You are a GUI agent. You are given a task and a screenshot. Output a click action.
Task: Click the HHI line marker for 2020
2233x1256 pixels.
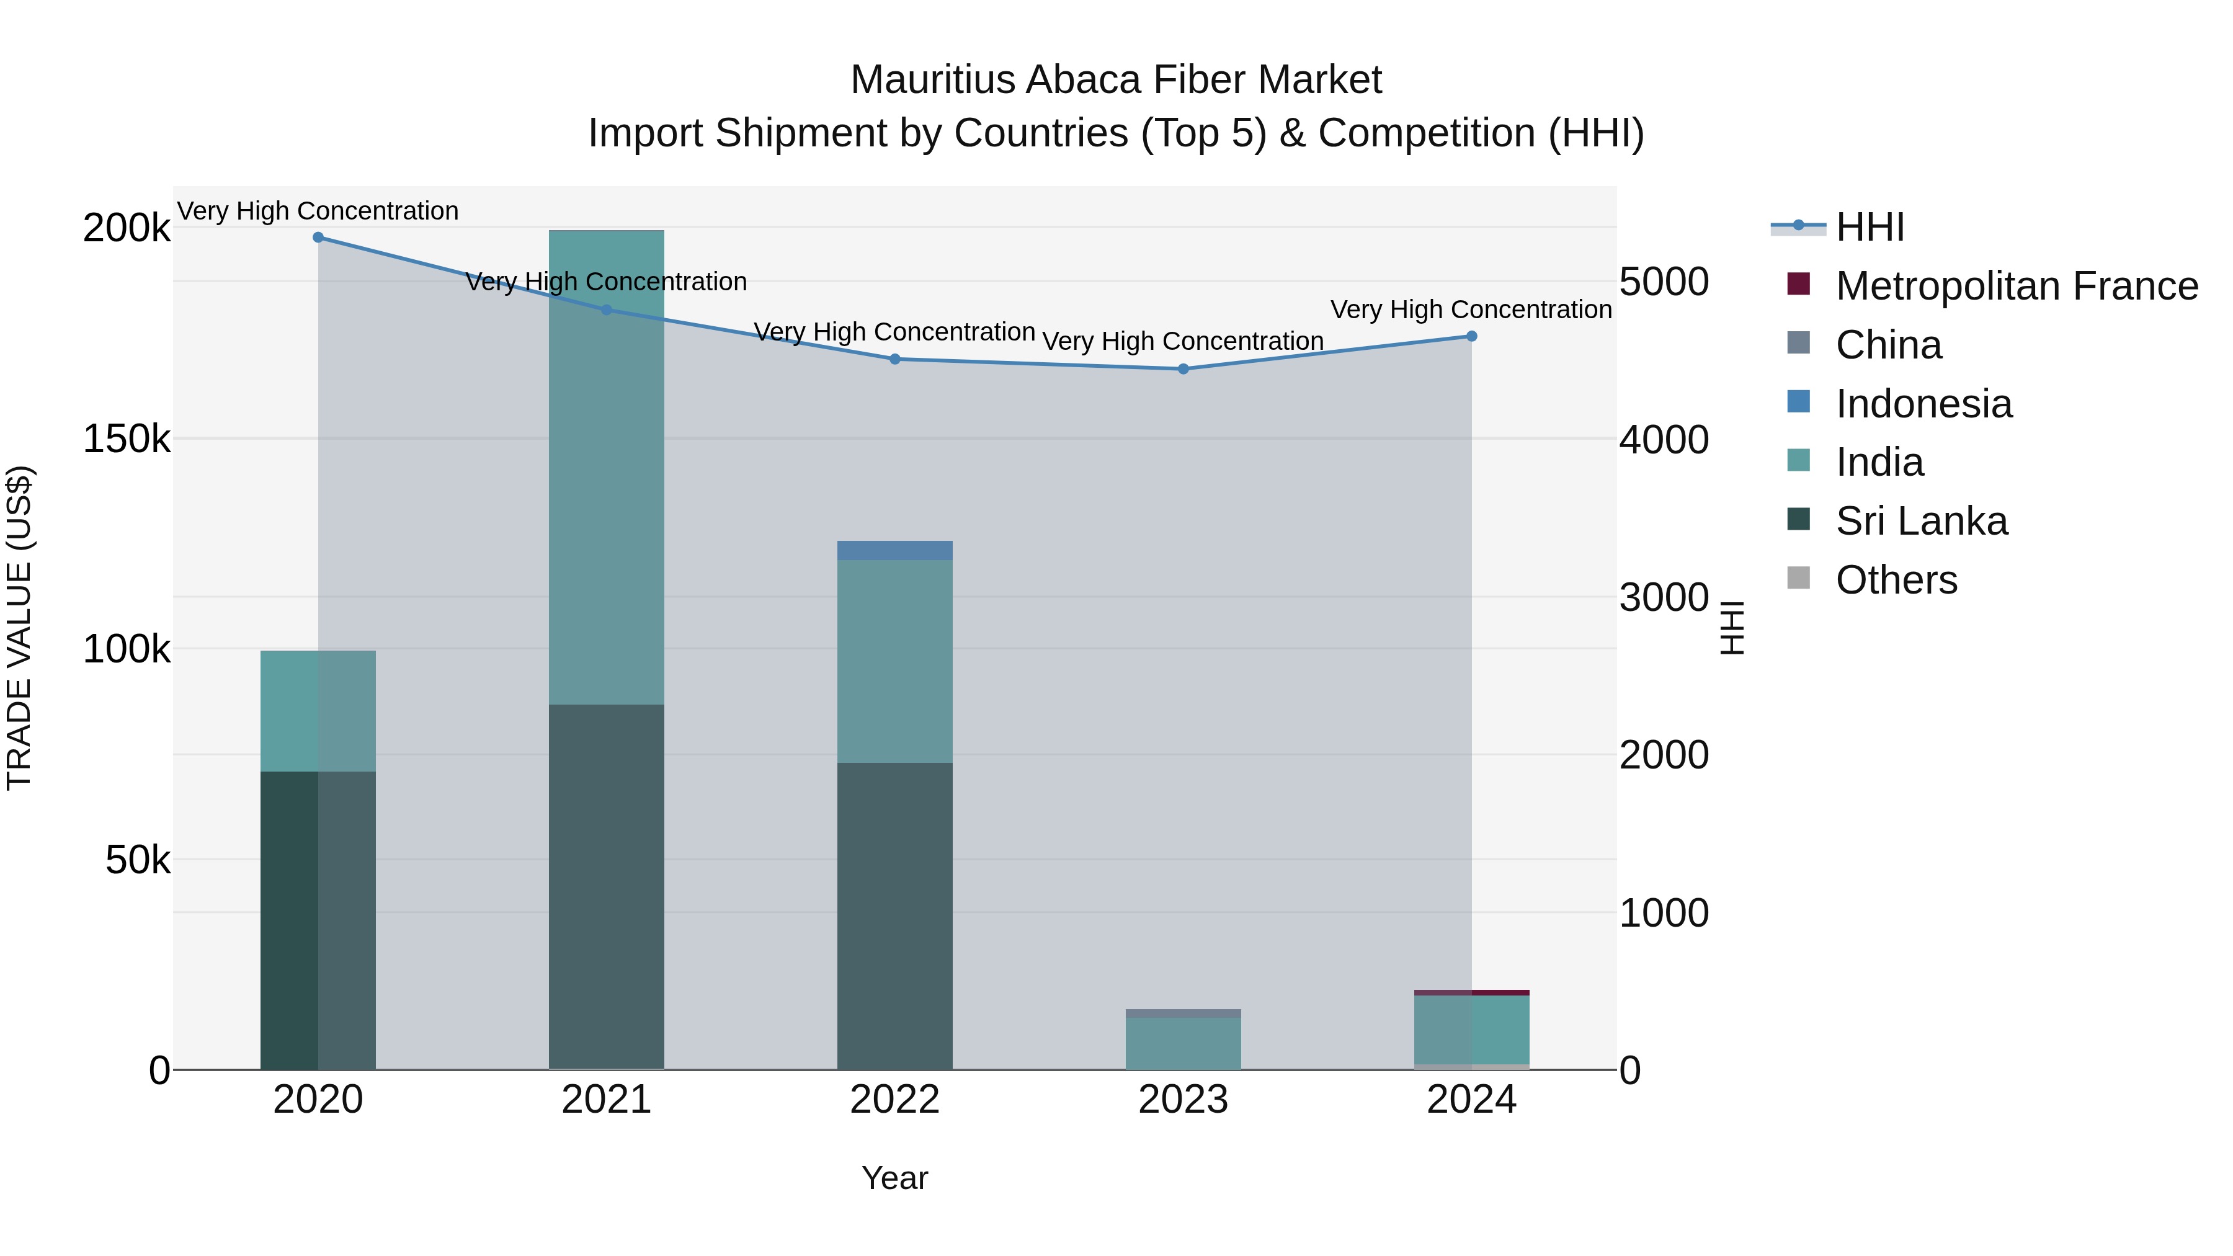(318, 238)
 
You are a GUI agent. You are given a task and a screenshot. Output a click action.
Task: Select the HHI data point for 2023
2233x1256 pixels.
(1183, 369)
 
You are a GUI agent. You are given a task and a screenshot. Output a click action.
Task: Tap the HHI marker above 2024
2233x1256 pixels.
(1471, 336)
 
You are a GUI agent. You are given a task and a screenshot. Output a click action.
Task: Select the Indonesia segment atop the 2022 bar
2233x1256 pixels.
(894, 550)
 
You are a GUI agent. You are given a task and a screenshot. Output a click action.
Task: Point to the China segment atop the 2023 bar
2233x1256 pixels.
(1183, 1013)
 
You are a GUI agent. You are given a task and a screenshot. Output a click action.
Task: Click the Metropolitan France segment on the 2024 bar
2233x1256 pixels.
(1471, 992)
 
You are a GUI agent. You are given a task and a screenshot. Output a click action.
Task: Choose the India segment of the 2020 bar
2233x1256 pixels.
(318, 711)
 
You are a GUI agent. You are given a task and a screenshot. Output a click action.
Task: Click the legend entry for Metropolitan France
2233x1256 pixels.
(2017, 286)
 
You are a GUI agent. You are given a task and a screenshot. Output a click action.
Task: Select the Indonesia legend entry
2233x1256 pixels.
(1923, 404)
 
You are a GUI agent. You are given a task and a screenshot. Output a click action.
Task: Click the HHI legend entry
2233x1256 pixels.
(1870, 227)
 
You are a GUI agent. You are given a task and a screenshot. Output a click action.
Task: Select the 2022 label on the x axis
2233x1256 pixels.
(894, 1100)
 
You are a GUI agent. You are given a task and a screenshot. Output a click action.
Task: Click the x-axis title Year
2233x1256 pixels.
(894, 1178)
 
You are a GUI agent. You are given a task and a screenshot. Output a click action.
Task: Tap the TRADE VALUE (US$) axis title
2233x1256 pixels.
(19, 628)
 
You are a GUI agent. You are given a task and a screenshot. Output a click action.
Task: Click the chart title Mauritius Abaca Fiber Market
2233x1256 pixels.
(1116, 80)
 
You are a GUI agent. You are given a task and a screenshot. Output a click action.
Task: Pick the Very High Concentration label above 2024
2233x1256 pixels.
(1471, 310)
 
